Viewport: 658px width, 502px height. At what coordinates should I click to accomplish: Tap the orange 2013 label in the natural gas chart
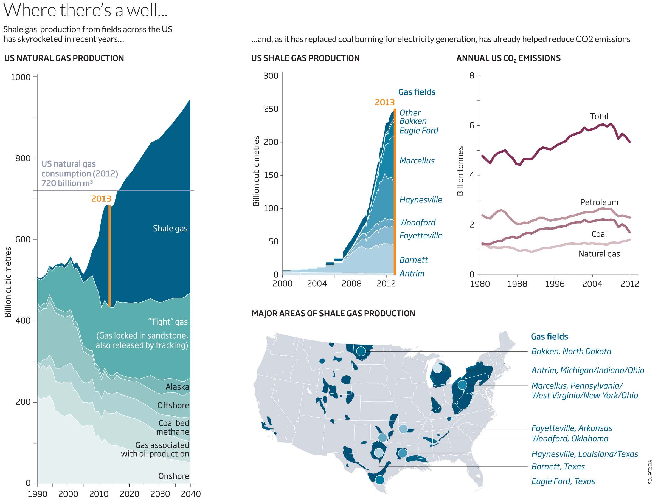[x=101, y=199]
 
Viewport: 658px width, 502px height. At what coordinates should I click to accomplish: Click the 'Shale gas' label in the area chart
[x=170, y=229]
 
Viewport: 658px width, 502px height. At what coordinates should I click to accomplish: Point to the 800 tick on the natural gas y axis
[x=23, y=158]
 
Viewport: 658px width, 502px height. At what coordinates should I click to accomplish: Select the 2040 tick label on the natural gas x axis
[x=191, y=494]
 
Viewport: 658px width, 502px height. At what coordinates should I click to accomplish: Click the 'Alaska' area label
[x=177, y=387]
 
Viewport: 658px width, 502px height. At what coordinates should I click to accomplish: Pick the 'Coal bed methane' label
[x=173, y=428]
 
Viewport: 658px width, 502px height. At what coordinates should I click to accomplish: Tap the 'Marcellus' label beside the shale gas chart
[x=417, y=161]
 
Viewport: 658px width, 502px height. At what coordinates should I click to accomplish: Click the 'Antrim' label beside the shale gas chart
[x=412, y=273]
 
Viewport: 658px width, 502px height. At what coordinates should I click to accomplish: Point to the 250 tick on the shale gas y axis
[x=271, y=109]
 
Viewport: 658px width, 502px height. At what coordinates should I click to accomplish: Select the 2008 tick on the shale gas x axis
[x=352, y=284]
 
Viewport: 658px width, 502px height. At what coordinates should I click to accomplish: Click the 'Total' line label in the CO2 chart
[x=599, y=116]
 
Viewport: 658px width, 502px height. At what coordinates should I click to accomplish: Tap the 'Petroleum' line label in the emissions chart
[x=599, y=202]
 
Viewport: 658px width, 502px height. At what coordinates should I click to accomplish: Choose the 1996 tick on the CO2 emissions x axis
[x=555, y=284]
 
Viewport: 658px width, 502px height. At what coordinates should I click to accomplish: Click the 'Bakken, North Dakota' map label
[x=571, y=351]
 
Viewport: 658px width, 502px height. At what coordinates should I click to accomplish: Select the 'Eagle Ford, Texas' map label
[x=563, y=481]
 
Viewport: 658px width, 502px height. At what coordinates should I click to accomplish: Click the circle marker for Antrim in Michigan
[x=437, y=368]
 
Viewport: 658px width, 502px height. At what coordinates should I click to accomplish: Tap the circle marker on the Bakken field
[x=361, y=351]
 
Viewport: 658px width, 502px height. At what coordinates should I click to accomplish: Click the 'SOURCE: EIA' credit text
[x=650, y=472]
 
